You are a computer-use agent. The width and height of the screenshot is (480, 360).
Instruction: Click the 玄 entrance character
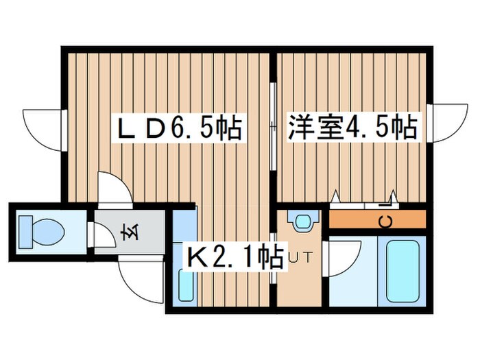(128, 233)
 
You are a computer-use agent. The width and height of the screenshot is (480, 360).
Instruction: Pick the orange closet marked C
(378, 220)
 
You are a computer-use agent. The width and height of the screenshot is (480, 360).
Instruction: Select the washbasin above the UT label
(302, 221)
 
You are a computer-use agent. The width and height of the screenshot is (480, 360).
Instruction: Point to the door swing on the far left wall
(43, 127)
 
